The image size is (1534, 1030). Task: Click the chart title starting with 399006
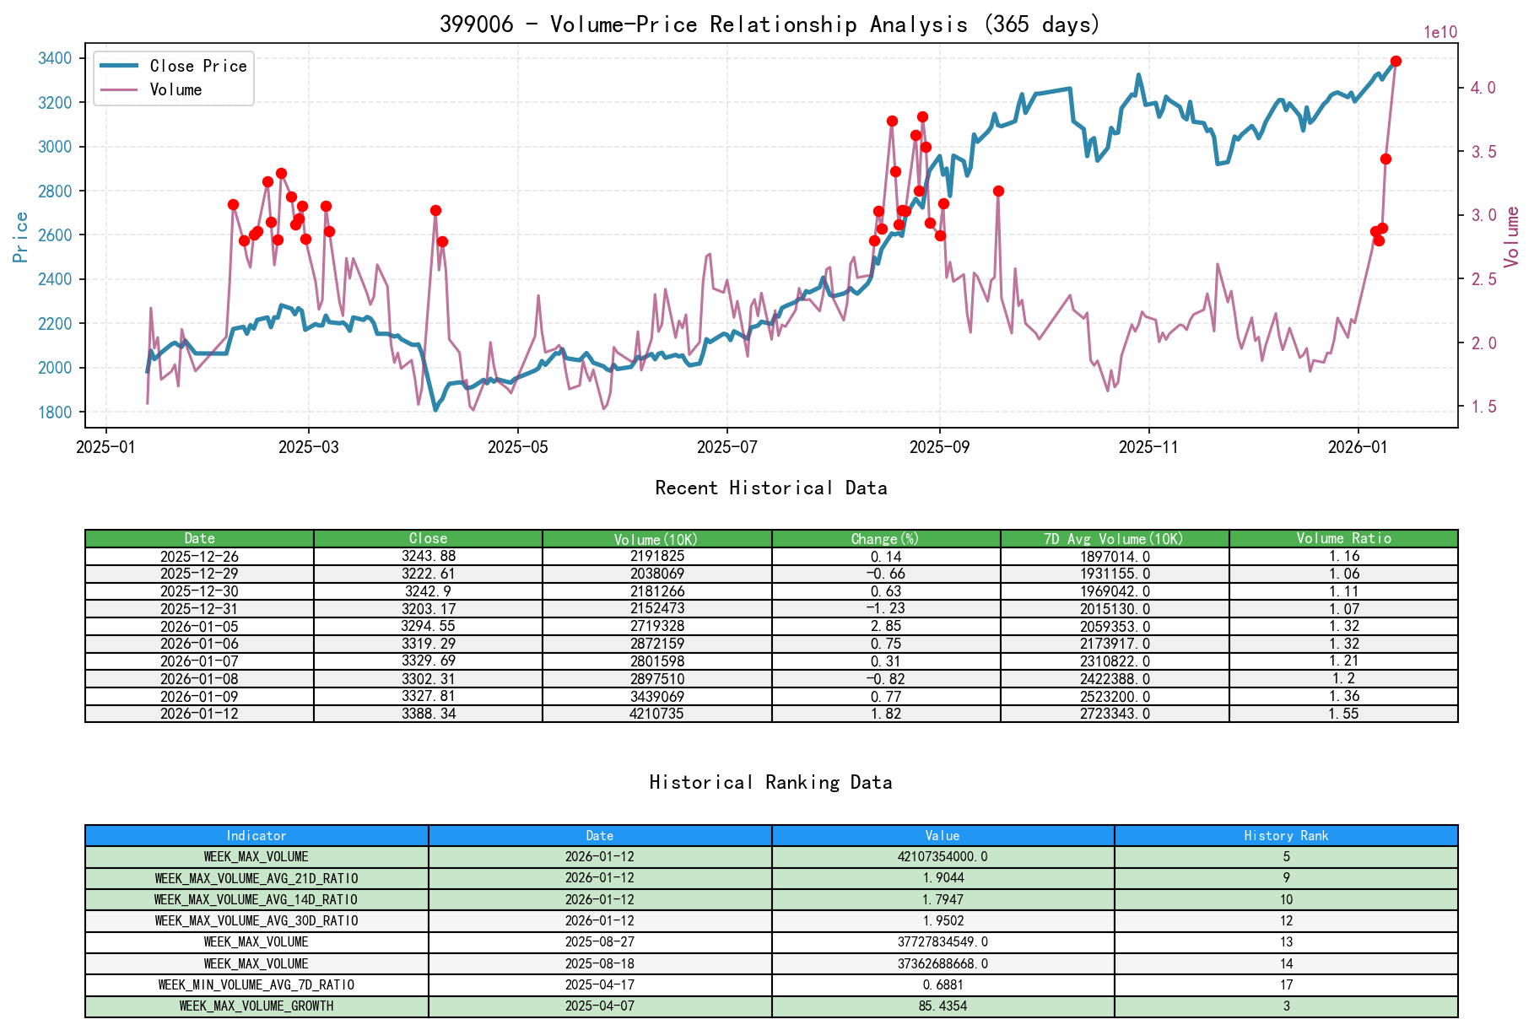coord(770,24)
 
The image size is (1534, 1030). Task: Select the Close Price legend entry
coord(197,66)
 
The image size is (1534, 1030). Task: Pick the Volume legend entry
coord(176,89)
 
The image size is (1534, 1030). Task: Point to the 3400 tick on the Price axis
coord(55,58)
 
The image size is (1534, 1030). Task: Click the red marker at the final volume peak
coord(1396,61)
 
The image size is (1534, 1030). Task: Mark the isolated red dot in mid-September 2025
coord(998,191)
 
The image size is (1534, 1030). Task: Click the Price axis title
coord(20,236)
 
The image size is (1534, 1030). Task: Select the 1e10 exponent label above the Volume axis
coord(1439,33)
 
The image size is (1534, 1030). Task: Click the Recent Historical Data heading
coord(770,488)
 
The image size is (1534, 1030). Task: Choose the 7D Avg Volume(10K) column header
coord(1114,538)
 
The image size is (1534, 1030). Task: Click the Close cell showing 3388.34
coord(428,714)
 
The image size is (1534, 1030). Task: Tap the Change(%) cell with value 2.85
coord(885,626)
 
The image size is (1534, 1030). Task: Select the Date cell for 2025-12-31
coord(199,608)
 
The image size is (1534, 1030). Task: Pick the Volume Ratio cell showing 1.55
coord(1343,714)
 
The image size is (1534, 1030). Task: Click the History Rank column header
coord(1285,835)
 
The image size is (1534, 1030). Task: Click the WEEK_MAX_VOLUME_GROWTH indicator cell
coord(257,1006)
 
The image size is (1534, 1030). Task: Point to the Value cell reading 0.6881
coord(943,984)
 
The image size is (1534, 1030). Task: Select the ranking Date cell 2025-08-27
coord(599,941)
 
